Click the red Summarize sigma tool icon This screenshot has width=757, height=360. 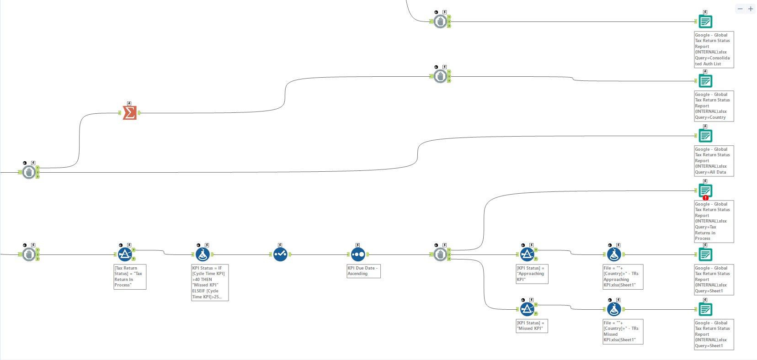pyautogui.click(x=129, y=113)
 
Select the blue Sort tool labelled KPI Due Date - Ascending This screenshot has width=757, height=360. pyautogui.click(x=358, y=254)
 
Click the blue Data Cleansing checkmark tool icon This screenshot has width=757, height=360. pyautogui.click(x=280, y=254)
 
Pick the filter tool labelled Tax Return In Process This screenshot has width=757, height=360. pyautogui.click(x=125, y=254)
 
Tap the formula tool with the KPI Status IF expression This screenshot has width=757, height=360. pyautogui.click(x=203, y=254)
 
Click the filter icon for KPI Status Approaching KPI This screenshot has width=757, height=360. pyautogui.click(x=527, y=254)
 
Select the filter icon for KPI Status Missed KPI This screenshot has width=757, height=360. pyautogui.click(x=527, y=309)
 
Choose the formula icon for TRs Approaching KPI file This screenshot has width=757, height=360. pyautogui.click(x=614, y=254)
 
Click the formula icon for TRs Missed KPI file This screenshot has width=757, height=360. pyautogui.click(x=614, y=309)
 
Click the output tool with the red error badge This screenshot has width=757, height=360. pyautogui.click(x=705, y=191)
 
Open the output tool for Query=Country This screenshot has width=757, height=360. pyautogui.click(x=705, y=81)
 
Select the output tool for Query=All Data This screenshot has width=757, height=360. pyautogui.click(x=705, y=136)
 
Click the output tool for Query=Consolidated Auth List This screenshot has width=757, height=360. pyautogui.click(x=705, y=21)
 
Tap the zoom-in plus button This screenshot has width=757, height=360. pyautogui.click(x=751, y=9)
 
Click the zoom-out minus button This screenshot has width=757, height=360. pyautogui.click(x=740, y=9)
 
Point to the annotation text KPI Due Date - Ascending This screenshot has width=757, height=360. pyautogui.click(x=363, y=271)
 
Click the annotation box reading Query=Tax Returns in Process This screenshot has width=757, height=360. pyautogui.click(x=714, y=222)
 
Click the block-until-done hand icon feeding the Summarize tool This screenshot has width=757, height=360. pyautogui.click(x=29, y=172)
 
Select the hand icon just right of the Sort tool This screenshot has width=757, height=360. pyautogui.click(x=440, y=254)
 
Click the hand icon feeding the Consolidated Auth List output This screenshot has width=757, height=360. pyautogui.click(x=440, y=21)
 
